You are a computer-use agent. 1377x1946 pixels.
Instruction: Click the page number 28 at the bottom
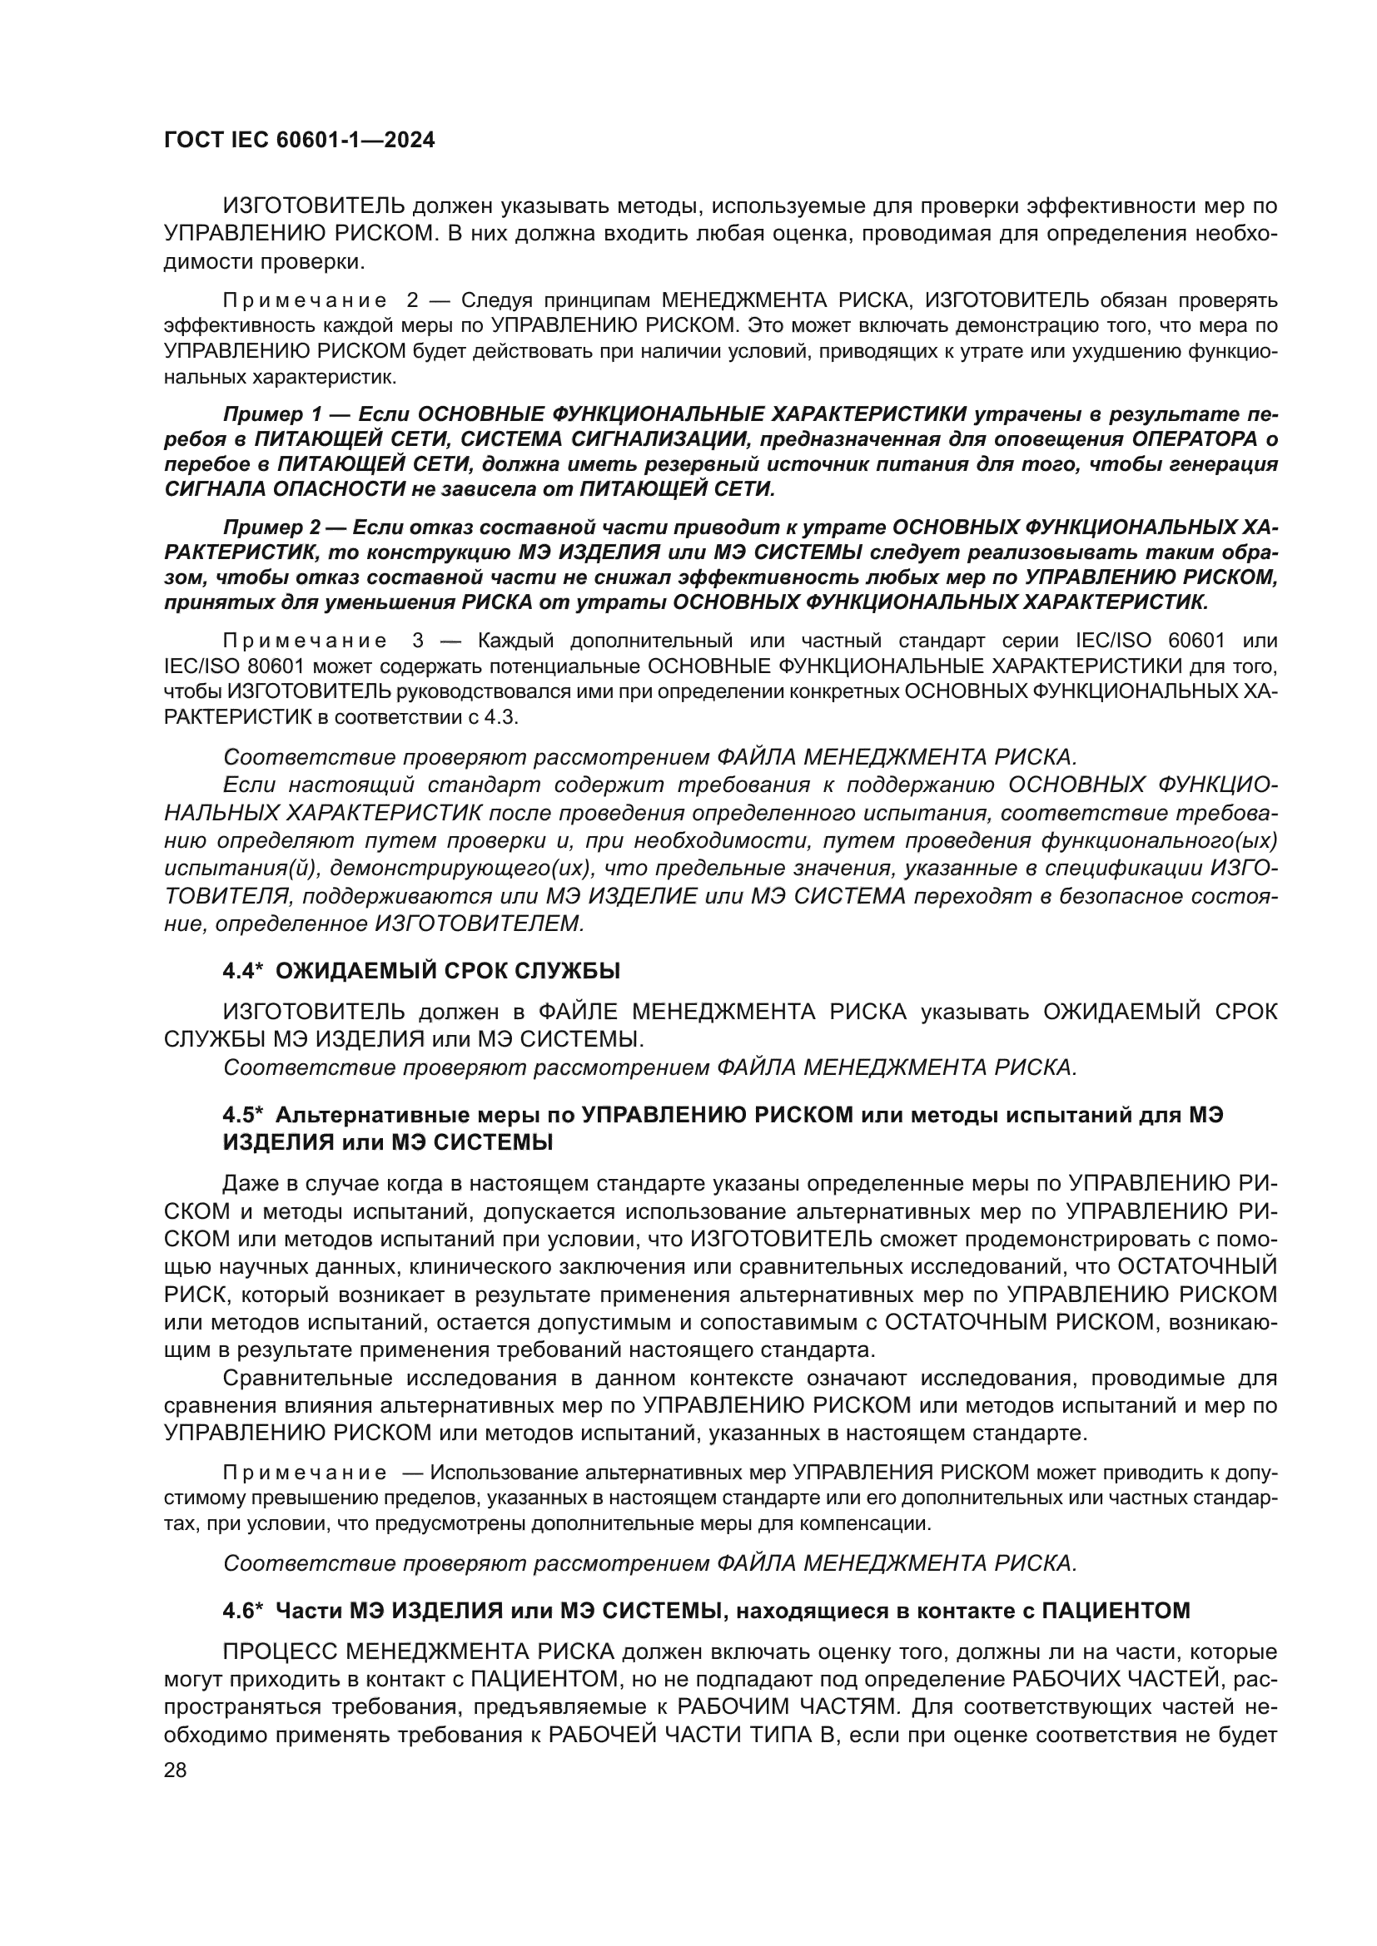pyautogui.click(x=175, y=1770)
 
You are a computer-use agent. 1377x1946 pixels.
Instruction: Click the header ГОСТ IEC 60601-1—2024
pyautogui.click(x=300, y=141)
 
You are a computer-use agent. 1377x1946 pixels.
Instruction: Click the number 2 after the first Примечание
pyautogui.click(x=413, y=301)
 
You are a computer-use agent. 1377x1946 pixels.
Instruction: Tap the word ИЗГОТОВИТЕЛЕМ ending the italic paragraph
pyautogui.click(x=479, y=923)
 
